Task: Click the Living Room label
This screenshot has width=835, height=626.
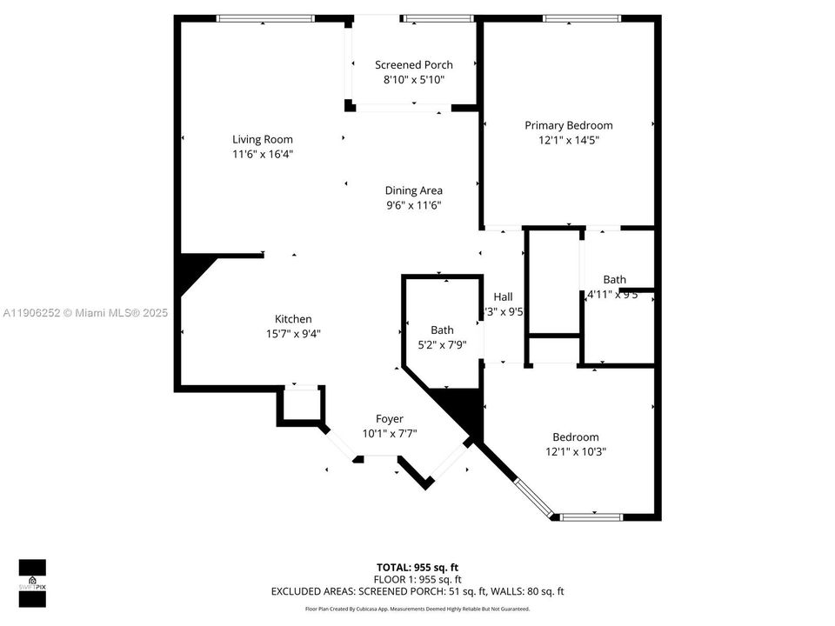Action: coord(262,139)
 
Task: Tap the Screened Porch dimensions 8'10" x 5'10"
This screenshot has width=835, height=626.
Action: coord(414,80)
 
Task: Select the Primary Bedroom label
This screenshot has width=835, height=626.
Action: coord(568,125)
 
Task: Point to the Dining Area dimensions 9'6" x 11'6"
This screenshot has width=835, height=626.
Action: coord(414,205)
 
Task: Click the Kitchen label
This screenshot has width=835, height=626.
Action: coord(293,319)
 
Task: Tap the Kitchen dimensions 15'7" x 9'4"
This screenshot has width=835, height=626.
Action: coord(293,334)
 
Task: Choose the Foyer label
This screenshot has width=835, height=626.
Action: coord(390,419)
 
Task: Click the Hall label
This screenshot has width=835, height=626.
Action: coord(503,296)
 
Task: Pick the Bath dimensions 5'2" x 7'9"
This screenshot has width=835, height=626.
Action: coord(442,344)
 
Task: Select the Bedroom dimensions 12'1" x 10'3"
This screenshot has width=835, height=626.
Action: coord(575,452)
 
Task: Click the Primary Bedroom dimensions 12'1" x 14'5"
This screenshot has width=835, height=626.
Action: coord(568,140)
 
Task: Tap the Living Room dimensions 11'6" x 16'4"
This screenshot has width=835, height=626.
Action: coord(262,154)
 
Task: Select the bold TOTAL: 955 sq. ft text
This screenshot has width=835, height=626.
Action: coord(417,566)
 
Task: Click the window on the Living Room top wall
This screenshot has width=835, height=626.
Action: coord(264,18)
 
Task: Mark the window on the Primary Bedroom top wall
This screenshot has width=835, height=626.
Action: coord(581,18)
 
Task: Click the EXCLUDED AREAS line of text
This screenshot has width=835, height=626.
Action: coord(417,592)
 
